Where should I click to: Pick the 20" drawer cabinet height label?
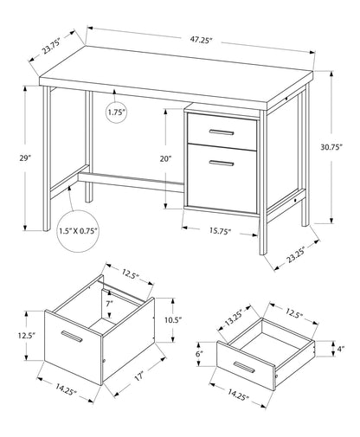pos(166,158)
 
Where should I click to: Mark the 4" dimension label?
pos(342,349)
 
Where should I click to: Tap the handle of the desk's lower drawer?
pos(222,162)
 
